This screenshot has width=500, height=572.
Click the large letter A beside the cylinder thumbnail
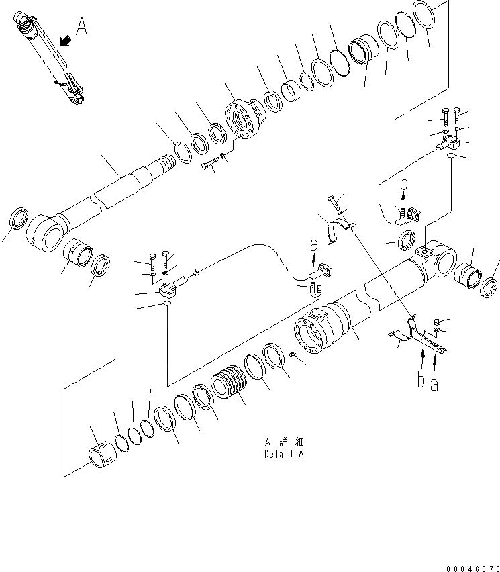(x=81, y=27)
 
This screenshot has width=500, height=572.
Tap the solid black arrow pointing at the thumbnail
(x=66, y=42)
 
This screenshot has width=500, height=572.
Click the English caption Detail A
(x=283, y=454)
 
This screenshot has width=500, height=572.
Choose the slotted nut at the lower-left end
(x=103, y=455)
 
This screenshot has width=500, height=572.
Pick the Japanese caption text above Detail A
(x=283, y=442)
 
